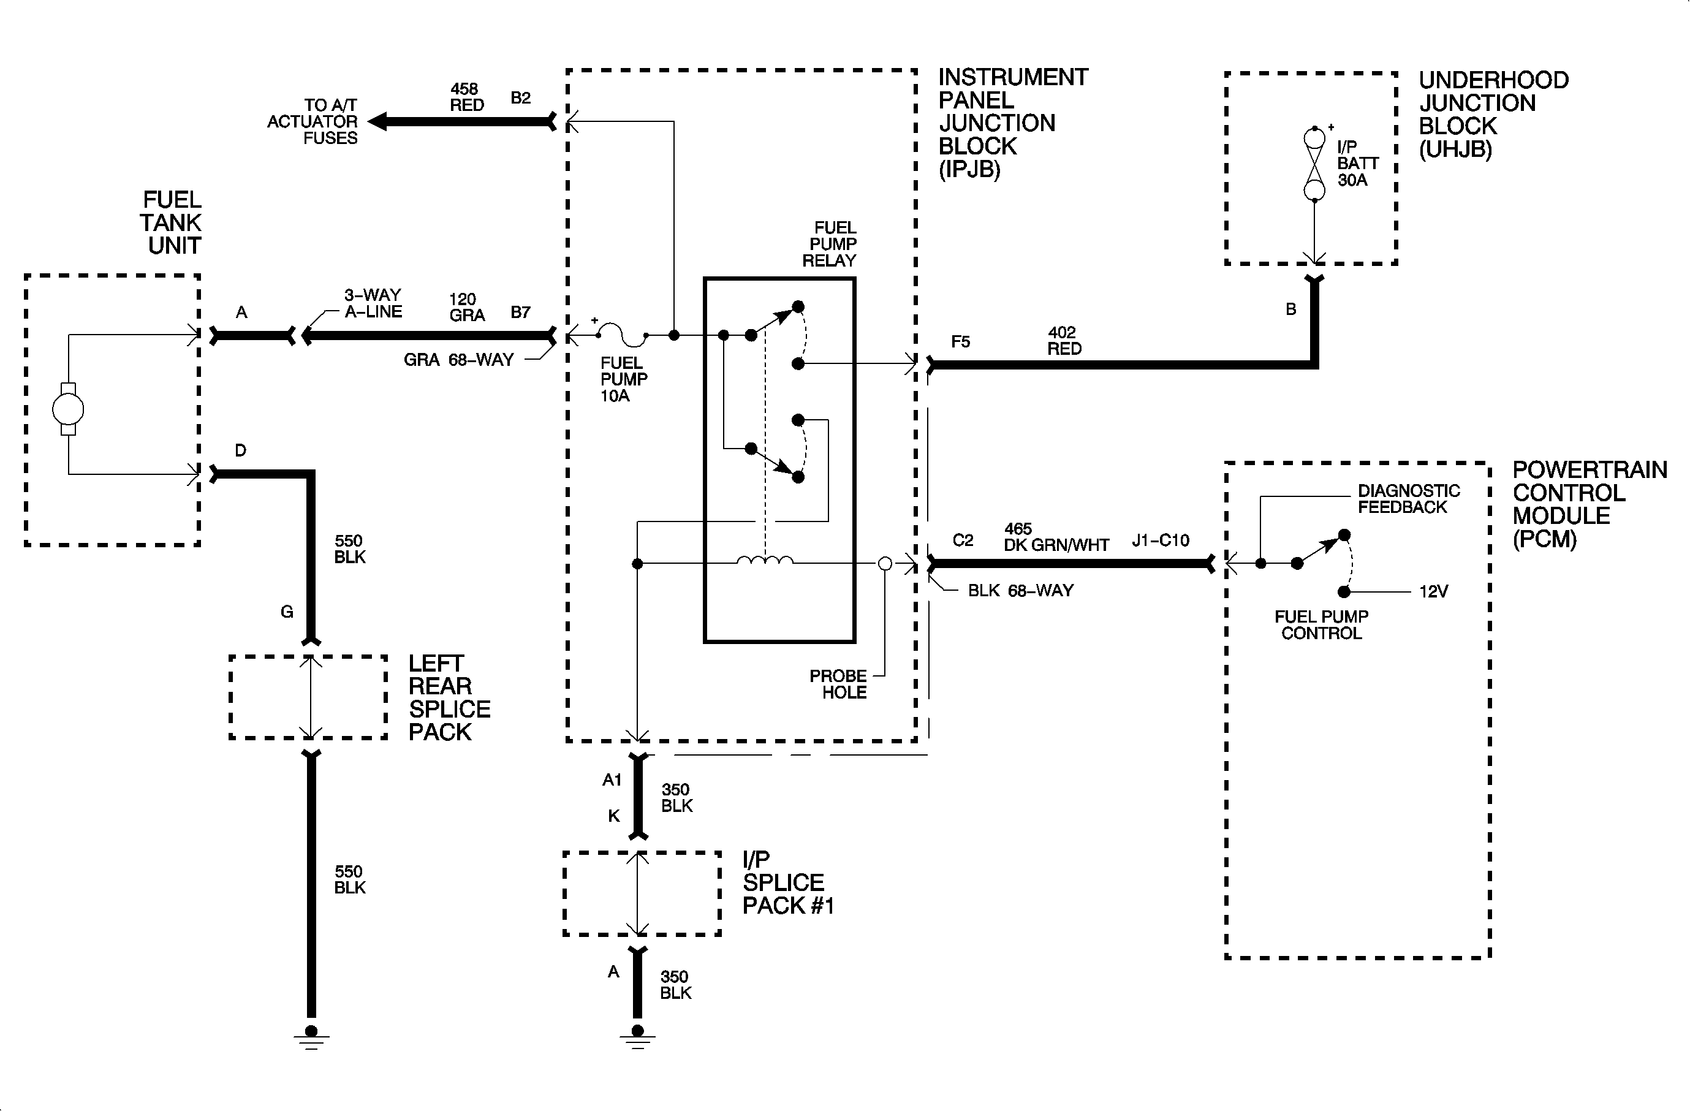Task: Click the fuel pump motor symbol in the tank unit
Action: coord(68,409)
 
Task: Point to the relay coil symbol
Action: coord(765,561)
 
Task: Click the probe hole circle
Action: coord(885,564)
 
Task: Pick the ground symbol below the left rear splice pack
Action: coord(311,1037)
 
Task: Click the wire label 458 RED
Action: coord(466,97)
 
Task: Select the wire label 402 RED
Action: coord(1064,341)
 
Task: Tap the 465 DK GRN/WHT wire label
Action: coord(1055,537)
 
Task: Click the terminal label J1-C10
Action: coord(1161,541)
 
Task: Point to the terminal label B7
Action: coord(520,313)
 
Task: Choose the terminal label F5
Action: coord(960,342)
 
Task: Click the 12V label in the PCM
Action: coord(1433,592)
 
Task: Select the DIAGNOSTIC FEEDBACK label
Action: coord(1408,499)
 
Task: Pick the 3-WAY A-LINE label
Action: coord(373,303)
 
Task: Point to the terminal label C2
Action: coord(962,541)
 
